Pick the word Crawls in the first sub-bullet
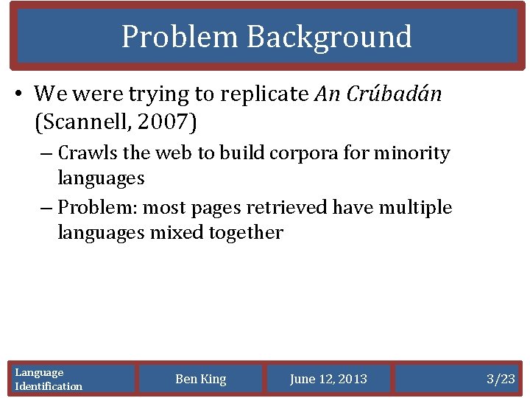point(84,153)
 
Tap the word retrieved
point(293,208)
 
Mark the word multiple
point(415,208)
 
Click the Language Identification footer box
point(72,379)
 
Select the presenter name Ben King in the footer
point(201,379)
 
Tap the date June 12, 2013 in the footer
point(328,379)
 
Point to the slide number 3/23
point(501,379)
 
